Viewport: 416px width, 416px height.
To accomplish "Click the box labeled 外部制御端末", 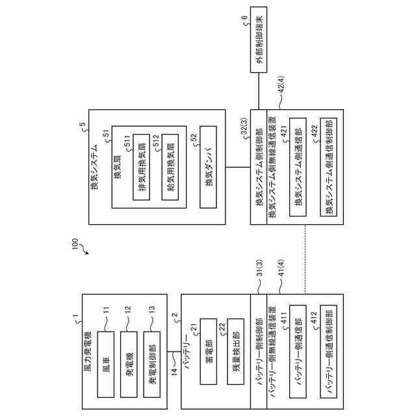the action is tap(259, 40).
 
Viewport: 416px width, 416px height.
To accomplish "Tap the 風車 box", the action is tap(106, 364).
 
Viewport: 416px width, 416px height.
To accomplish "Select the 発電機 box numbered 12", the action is tap(129, 364).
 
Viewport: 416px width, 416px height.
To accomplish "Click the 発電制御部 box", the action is tap(151, 364).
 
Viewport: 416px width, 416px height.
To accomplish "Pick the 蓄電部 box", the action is tap(209, 352).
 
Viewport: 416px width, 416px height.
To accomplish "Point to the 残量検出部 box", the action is tap(235, 352).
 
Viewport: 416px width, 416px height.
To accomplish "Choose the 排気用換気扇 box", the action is tap(142, 167).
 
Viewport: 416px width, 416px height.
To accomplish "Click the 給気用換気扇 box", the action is tap(170, 167).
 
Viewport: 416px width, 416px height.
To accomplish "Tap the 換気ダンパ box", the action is tap(208, 167).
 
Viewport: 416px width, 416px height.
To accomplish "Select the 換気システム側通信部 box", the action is tap(298, 167).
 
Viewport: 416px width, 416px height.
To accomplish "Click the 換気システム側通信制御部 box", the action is tap(329, 167).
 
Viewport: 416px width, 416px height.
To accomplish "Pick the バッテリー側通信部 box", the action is tap(298, 352).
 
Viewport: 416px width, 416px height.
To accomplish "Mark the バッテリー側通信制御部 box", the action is tap(329, 352).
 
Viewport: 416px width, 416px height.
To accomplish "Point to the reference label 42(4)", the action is tap(281, 87).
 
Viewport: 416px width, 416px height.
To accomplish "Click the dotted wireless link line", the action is tap(305, 259).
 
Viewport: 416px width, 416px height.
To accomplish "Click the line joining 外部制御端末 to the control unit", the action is tap(259, 91).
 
